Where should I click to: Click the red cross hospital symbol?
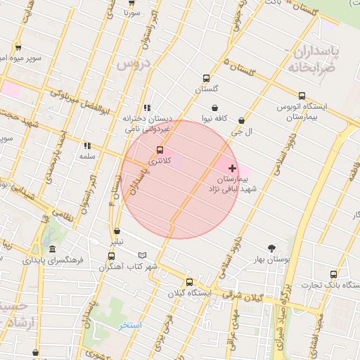233,169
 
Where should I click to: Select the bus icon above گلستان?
206,79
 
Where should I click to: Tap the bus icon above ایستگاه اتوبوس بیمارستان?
302,96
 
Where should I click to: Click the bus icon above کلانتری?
160,150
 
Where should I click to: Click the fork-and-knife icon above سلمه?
87,145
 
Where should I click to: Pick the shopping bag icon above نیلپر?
117,231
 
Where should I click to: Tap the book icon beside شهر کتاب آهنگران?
143,255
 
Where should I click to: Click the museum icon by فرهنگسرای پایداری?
53,250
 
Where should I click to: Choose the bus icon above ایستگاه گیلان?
188,281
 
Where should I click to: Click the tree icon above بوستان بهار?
272,248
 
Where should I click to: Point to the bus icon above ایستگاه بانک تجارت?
333,274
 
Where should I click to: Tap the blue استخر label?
130,325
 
